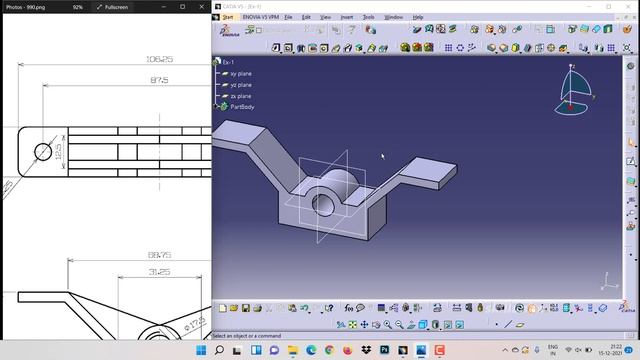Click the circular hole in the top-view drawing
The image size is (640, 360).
[x=43, y=153]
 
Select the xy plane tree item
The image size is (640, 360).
[x=240, y=73]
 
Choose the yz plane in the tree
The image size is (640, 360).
[x=240, y=84]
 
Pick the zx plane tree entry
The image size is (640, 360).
[x=240, y=96]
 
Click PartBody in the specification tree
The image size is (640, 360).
[x=242, y=106]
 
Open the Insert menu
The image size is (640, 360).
[x=347, y=17]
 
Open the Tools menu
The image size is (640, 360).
[x=369, y=17]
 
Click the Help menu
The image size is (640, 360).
[x=418, y=17]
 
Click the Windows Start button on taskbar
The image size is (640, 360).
[x=202, y=351]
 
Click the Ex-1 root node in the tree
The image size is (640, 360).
[x=228, y=62]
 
